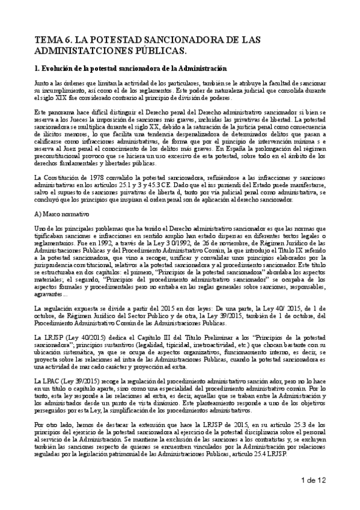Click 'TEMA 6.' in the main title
(55, 40)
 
